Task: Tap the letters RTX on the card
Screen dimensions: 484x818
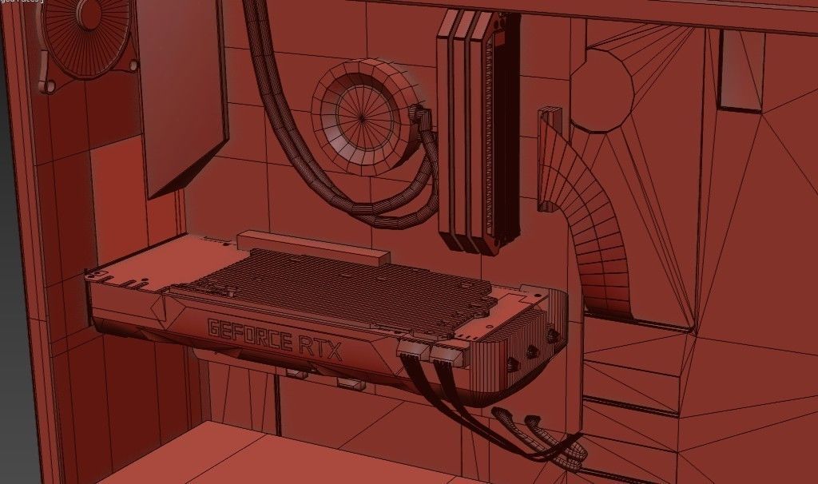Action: coord(320,348)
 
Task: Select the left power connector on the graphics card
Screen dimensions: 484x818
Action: coord(412,350)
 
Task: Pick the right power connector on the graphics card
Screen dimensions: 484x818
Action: coord(447,350)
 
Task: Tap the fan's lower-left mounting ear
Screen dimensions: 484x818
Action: coord(47,84)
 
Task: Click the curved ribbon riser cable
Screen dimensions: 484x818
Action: coord(595,232)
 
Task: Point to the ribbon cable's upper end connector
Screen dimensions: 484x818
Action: coord(550,120)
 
